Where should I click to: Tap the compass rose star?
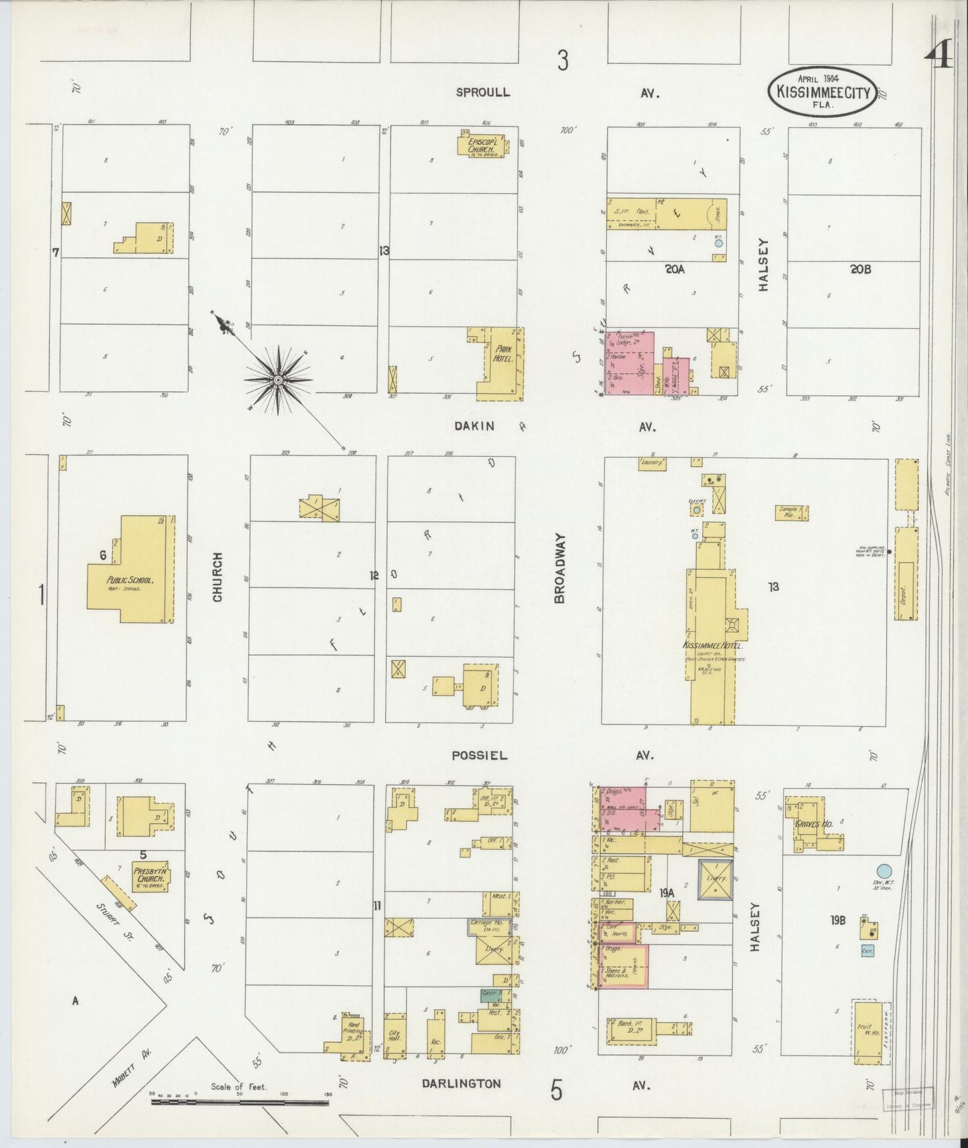click(277, 380)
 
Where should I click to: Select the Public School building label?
click(130, 580)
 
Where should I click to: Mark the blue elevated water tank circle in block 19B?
click(884, 871)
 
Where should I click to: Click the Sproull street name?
click(482, 92)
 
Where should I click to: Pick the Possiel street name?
click(479, 755)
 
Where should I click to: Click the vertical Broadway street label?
click(560, 569)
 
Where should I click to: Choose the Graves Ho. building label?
click(813, 824)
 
